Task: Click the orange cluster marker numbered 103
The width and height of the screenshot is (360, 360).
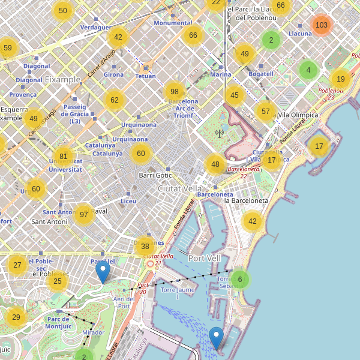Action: point(322,25)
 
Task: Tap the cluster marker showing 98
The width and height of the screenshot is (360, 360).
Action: point(175,92)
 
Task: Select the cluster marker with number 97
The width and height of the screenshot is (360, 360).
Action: point(83,214)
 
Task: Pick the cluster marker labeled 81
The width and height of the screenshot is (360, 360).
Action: point(64,157)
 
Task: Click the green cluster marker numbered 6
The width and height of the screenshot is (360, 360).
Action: point(240,279)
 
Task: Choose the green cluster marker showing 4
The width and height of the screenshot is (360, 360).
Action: point(308,70)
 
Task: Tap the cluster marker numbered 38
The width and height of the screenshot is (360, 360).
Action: point(145,246)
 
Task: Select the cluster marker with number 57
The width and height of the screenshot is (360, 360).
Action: point(266,111)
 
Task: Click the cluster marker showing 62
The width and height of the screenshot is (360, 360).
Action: point(115,100)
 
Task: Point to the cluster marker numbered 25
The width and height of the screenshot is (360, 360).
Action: point(57,281)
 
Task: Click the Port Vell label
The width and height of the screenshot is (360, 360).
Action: point(205,258)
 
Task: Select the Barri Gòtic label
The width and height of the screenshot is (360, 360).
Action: point(155,175)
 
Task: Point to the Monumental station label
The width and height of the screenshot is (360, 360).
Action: point(173,23)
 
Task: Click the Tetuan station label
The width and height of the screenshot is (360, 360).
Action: point(146,76)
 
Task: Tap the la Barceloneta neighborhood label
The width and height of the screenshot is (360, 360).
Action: point(245,200)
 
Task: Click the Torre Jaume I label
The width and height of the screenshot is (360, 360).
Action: point(178,293)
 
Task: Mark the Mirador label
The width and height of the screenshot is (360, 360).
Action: point(93,332)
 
